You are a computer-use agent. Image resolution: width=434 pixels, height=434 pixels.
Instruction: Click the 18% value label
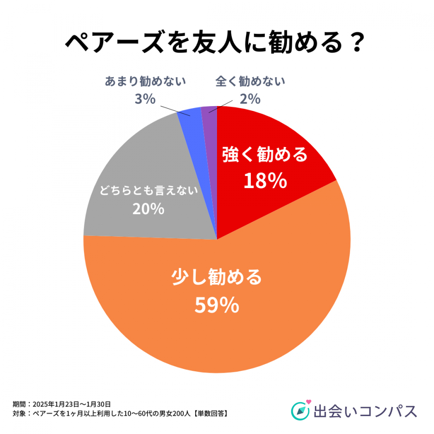[x=265, y=181]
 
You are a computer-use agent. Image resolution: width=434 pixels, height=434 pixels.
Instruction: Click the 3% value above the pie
[x=145, y=99]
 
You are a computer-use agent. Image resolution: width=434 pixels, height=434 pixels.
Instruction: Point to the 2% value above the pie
[x=250, y=99]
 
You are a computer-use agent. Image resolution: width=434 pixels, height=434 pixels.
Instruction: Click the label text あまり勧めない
[x=145, y=81]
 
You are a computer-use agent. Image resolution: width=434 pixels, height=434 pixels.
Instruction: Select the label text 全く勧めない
[x=250, y=81]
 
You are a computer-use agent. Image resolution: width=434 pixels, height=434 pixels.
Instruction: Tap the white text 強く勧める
[x=265, y=155]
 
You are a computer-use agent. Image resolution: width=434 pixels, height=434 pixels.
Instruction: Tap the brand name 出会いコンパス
[x=365, y=411]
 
